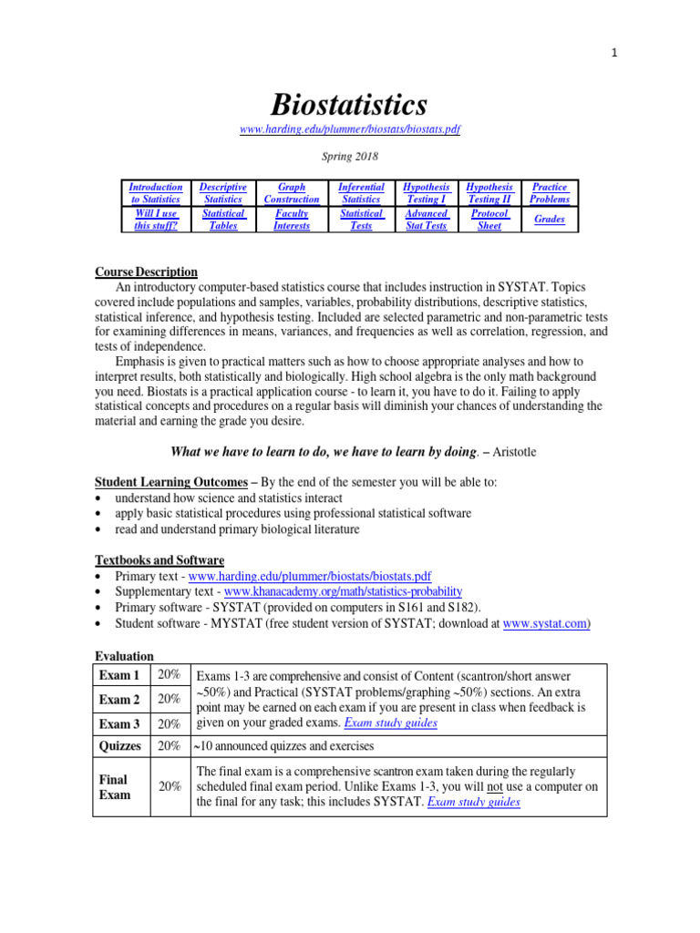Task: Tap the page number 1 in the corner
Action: pyautogui.click(x=614, y=53)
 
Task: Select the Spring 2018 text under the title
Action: pyautogui.click(x=349, y=157)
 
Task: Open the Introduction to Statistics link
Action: pyautogui.click(x=155, y=192)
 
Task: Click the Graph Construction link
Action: pyautogui.click(x=292, y=192)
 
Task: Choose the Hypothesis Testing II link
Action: pyautogui.click(x=489, y=192)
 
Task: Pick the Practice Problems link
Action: pyautogui.click(x=550, y=192)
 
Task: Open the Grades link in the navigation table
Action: pyautogui.click(x=550, y=220)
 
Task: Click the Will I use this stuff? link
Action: pyautogui.click(x=155, y=220)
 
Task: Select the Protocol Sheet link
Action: pyautogui.click(x=489, y=220)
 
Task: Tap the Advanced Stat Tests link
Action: pyautogui.click(x=426, y=220)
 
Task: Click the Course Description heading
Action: pyautogui.click(x=146, y=272)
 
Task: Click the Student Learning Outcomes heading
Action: pyautogui.click(x=171, y=482)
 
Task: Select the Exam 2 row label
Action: pyautogui.click(x=119, y=700)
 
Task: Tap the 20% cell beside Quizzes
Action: pyautogui.click(x=169, y=745)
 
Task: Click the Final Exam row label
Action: pyautogui.click(x=114, y=786)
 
